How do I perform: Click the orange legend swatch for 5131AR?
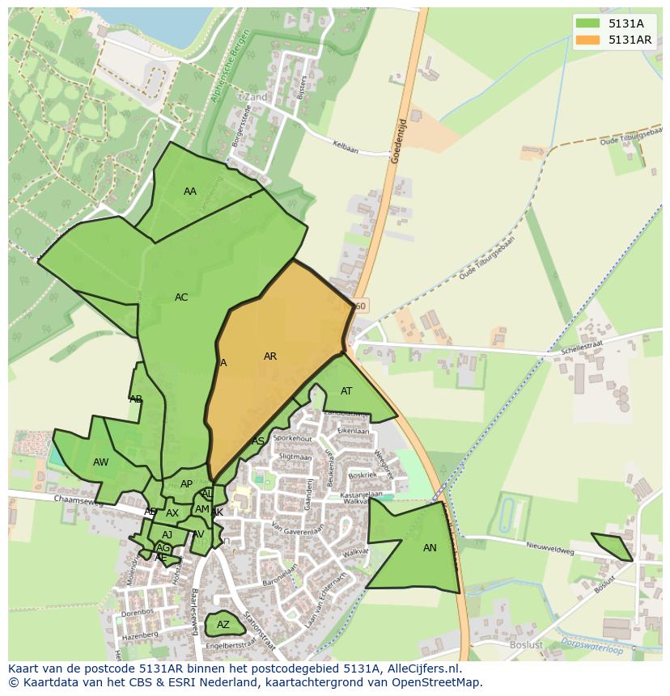(588, 40)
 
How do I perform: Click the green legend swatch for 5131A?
(588, 24)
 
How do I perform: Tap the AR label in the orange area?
(270, 356)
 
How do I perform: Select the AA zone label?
(190, 192)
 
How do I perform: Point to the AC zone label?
(181, 297)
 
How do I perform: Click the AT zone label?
(346, 391)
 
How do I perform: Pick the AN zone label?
(430, 548)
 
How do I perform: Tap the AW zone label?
(101, 462)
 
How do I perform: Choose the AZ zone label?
(223, 625)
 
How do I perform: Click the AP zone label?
(187, 484)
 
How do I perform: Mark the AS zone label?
(258, 441)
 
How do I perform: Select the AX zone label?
(172, 513)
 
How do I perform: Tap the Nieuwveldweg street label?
(550, 549)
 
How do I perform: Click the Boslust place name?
(526, 645)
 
